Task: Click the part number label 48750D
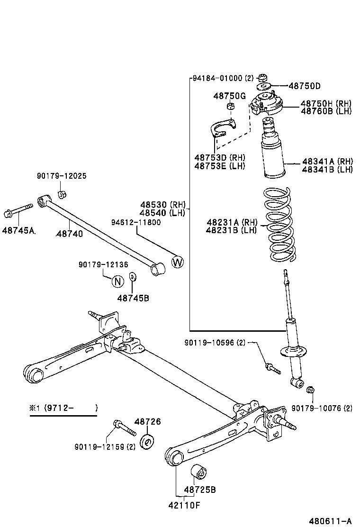305,86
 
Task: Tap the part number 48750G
229,96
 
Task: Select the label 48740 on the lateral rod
69,234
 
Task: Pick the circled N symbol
117,281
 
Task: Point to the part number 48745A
19,230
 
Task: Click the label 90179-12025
62,176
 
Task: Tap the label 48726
147,421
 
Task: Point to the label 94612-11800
136,222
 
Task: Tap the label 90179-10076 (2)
322,408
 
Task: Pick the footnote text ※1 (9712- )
63,408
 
